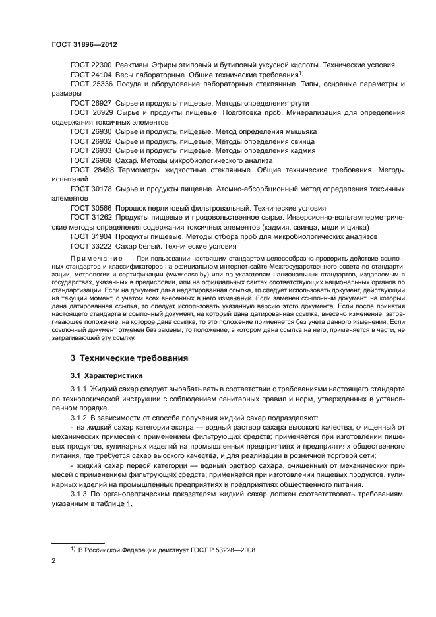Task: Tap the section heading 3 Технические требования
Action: [123, 359]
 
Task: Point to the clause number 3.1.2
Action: [80, 418]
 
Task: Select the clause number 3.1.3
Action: [80, 494]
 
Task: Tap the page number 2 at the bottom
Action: [53, 562]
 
